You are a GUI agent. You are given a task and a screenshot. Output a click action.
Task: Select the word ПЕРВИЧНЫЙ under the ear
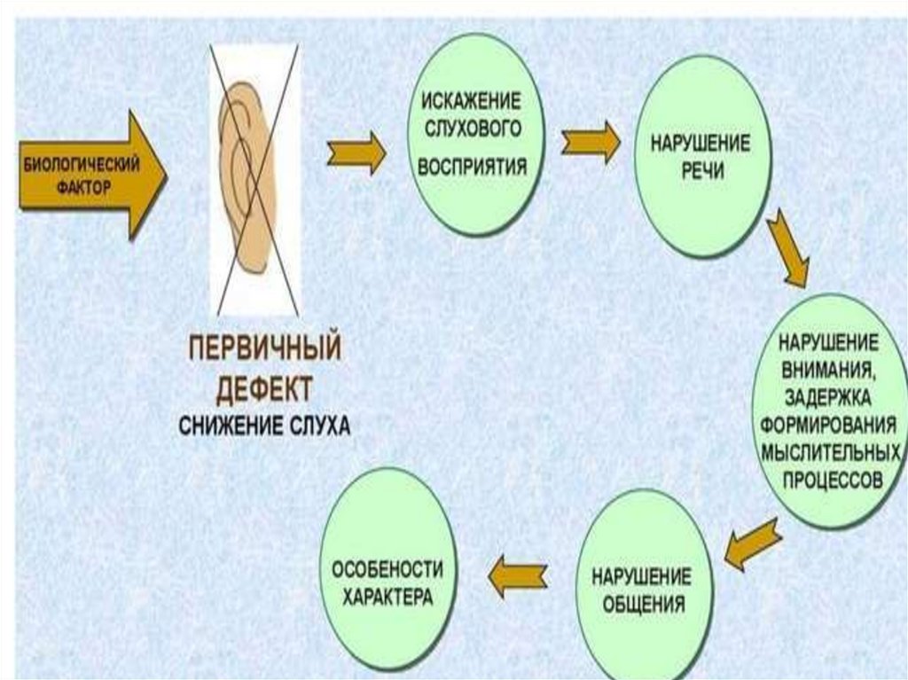(x=263, y=348)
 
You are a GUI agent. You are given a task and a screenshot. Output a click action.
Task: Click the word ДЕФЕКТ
(x=262, y=387)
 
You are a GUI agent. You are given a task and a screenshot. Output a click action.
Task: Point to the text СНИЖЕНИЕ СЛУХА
(x=264, y=425)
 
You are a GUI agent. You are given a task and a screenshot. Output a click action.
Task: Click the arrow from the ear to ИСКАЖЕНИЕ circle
(x=356, y=153)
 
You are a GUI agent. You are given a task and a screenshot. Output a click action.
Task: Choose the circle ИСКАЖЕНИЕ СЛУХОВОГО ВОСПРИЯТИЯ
(x=476, y=135)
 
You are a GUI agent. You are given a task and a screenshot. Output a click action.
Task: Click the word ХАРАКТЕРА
(x=387, y=598)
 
